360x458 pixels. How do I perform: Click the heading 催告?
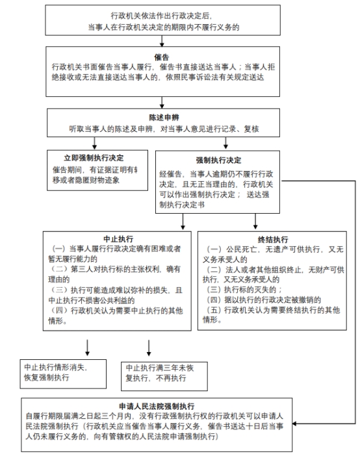[x=162, y=57]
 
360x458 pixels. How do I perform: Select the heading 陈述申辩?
[x=164, y=118]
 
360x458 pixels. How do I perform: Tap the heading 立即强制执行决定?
[x=94, y=158]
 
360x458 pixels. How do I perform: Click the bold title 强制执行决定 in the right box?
[x=218, y=160]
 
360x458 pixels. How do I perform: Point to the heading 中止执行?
[x=118, y=239]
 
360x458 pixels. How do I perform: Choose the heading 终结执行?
[x=273, y=240]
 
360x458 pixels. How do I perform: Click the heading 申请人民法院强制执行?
[x=157, y=406]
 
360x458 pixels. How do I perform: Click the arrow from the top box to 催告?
[x=162, y=41]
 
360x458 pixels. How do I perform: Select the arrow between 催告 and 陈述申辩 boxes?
[x=162, y=103]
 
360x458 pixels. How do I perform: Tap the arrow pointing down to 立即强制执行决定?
[x=94, y=143]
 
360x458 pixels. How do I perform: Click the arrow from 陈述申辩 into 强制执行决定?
[x=225, y=143]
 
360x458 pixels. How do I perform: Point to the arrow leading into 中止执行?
[x=183, y=222]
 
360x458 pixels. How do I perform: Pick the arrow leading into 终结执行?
[x=255, y=222]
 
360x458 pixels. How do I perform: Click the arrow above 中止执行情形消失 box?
[x=87, y=348]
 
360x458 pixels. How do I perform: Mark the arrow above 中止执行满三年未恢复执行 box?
[x=149, y=348]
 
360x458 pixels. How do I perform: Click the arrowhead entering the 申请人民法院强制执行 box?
[x=294, y=424]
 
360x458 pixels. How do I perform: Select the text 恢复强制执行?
[x=46, y=377]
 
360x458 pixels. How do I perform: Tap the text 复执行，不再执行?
[x=156, y=378]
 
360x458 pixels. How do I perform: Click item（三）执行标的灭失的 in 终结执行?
[x=244, y=290]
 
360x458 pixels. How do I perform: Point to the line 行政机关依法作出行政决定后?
[x=162, y=16]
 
